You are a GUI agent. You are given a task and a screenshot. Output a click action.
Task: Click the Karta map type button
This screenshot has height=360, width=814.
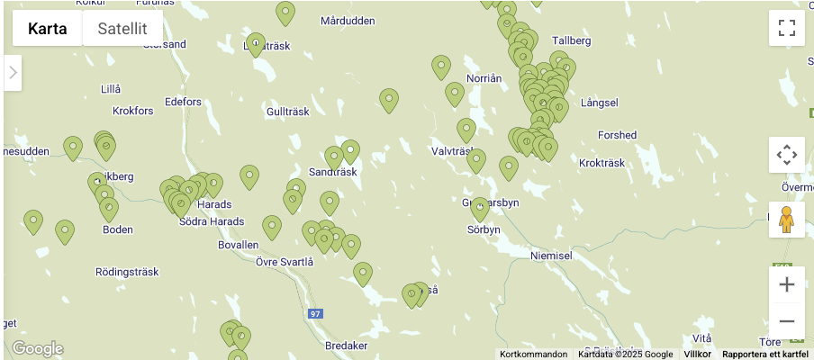47,28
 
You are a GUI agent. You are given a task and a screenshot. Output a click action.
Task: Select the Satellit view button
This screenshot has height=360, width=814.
122,28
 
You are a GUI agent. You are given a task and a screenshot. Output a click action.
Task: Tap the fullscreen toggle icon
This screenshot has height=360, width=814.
786,28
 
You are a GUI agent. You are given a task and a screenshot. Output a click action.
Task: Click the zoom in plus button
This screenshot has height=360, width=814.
786,284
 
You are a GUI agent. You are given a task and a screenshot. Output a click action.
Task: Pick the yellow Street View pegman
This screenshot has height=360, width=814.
786,219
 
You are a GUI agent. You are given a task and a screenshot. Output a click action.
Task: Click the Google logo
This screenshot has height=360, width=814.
38,348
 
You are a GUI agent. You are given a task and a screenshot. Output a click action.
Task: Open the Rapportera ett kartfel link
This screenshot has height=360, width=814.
765,355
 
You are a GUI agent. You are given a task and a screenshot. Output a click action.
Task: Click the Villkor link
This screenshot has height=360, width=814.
698,355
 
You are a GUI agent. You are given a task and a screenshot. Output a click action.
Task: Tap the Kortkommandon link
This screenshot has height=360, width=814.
534,355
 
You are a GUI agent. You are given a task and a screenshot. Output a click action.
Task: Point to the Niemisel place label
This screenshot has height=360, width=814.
551,256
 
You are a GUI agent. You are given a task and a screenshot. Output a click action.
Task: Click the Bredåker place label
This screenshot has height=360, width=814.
346,346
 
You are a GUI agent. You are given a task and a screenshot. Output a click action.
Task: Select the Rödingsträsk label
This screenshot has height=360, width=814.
127,271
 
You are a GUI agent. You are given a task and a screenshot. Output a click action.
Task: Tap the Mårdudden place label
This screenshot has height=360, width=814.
348,21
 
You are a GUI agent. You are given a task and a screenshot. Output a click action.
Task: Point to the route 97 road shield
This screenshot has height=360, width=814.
314,313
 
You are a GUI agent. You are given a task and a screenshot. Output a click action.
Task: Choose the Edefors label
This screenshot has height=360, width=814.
184,102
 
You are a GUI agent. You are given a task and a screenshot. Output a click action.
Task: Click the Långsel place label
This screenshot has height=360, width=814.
600,103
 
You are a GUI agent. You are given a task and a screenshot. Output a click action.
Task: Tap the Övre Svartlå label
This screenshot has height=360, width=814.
285,262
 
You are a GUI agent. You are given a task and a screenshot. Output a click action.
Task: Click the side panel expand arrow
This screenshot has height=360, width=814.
13,73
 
